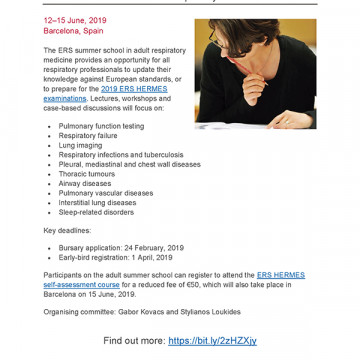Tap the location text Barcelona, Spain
pyautogui.click(x=72, y=30)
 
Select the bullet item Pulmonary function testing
pyautogui.click(x=101, y=127)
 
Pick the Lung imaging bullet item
pyautogui.click(x=82, y=146)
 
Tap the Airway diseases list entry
pyautogui.click(x=85, y=184)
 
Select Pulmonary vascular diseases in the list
pyautogui.click(x=105, y=193)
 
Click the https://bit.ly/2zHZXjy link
pyautogui.click(x=212, y=341)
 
